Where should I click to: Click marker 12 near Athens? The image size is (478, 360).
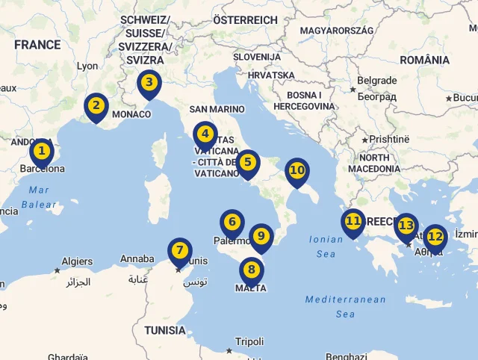[435, 238]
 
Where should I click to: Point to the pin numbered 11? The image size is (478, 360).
[353, 222]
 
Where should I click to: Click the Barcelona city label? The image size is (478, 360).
[42, 169]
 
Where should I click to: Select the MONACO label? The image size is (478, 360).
[131, 114]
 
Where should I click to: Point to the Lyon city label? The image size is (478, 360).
[87, 66]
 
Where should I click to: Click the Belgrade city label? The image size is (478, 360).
[377, 81]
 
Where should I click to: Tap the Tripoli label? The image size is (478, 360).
[249, 341]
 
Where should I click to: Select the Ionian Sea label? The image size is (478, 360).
[326, 246]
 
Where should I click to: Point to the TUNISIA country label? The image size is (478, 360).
[165, 330]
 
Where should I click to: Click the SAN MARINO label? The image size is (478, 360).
[217, 109]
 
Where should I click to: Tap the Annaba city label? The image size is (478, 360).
[137, 259]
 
